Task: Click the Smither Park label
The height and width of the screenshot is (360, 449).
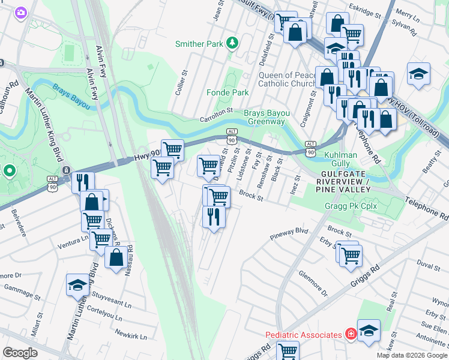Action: (x=198, y=44)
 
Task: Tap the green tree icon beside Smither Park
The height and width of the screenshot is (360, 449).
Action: (x=232, y=44)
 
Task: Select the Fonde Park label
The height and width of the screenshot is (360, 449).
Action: (x=227, y=93)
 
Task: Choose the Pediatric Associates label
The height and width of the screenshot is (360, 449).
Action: (x=304, y=334)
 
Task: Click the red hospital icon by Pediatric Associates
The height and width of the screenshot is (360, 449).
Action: (x=349, y=333)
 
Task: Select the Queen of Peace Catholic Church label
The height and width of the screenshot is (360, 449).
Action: (x=287, y=79)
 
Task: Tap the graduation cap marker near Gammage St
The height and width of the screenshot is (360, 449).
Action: (x=77, y=284)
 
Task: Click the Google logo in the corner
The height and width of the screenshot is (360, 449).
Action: (x=20, y=353)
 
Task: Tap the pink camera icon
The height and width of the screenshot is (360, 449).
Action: (x=21, y=12)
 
